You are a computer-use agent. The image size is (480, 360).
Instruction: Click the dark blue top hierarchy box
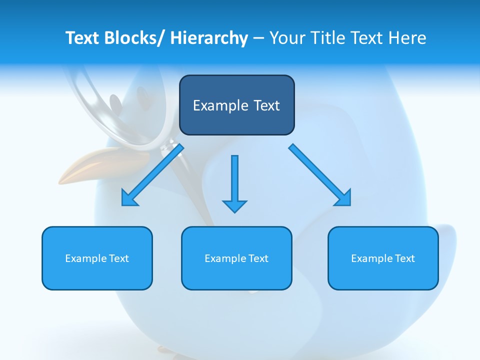(x=236, y=105)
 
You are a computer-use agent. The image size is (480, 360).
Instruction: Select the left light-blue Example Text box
(x=97, y=258)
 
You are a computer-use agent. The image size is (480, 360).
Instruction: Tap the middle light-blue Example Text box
(x=236, y=258)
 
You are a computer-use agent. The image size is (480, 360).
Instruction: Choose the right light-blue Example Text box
(x=383, y=258)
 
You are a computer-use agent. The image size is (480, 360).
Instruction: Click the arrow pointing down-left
(x=152, y=175)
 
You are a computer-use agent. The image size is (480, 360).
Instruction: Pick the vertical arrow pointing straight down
(x=234, y=182)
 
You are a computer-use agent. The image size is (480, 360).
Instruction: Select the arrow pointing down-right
(x=320, y=175)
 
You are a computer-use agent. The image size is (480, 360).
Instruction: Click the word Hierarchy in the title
(x=209, y=38)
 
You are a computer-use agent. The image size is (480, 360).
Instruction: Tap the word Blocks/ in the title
(x=136, y=38)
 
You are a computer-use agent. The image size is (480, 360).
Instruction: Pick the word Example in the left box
(x=86, y=258)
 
